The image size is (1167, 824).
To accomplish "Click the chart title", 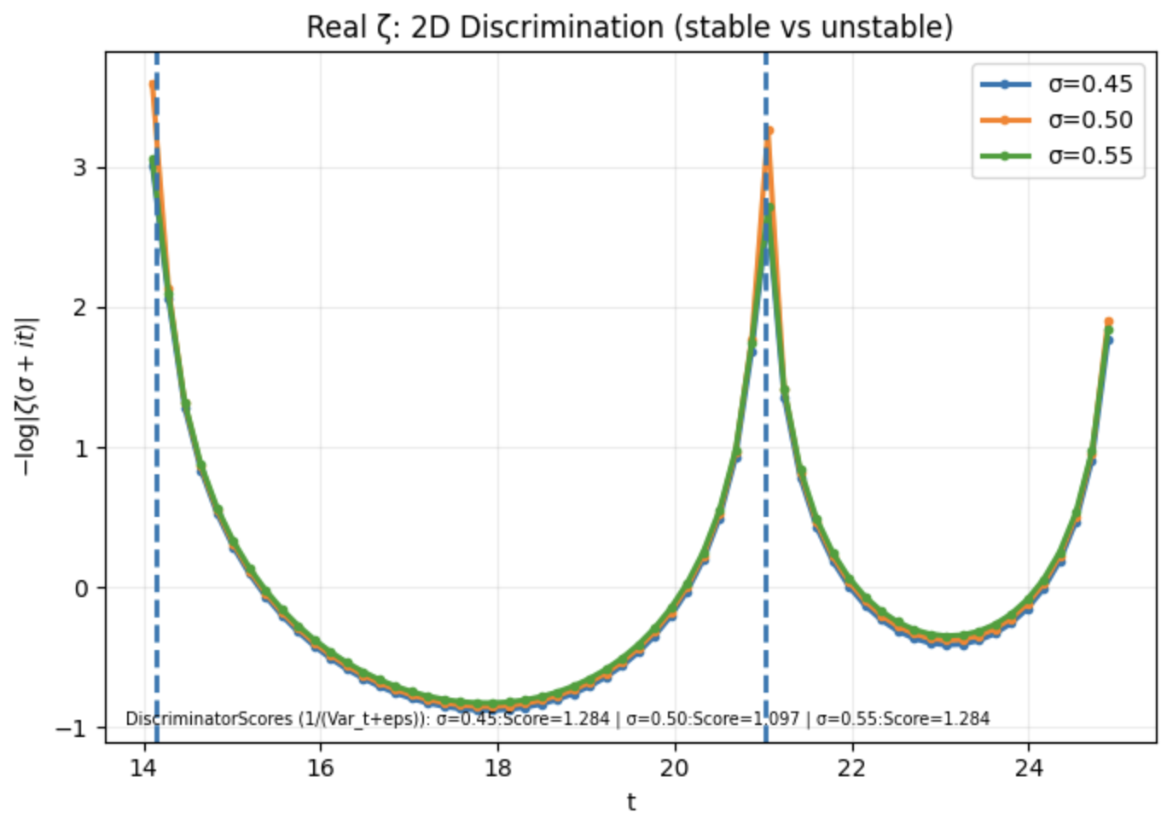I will (x=630, y=27).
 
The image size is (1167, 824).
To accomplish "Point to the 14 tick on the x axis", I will (x=143, y=768).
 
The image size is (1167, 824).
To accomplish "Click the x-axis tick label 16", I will (x=320, y=768).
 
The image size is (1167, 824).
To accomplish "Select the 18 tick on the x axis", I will (x=497, y=768).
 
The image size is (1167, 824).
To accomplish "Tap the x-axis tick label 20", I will (x=674, y=768).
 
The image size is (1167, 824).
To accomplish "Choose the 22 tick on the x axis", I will (x=851, y=768).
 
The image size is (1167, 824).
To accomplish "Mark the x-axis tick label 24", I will (x=1028, y=768).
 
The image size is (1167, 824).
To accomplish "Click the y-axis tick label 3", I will (x=80, y=167).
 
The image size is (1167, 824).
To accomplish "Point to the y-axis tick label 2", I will (x=80, y=307).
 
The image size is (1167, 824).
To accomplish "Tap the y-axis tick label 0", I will (x=80, y=588).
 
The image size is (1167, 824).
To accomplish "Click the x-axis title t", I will (x=630, y=802).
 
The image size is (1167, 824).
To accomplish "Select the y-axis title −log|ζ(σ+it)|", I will (x=27, y=397).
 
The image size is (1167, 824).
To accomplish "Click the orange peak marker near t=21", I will (x=769, y=131).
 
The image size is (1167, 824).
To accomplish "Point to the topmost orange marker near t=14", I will (x=153, y=84).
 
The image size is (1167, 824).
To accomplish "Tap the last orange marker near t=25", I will (x=1108, y=322).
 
